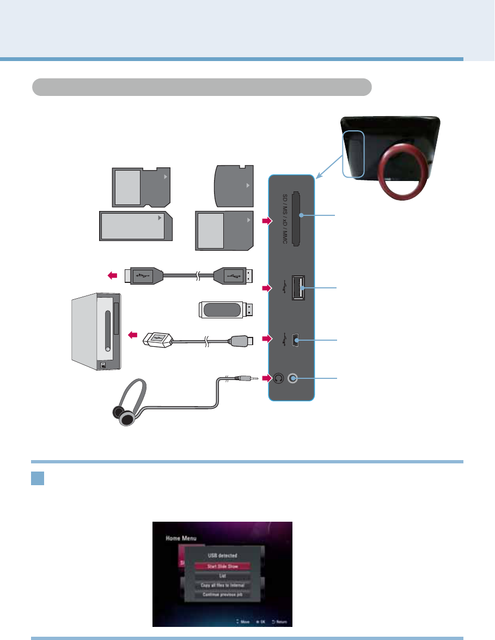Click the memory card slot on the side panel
click(296, 218)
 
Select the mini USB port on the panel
click(295, 340)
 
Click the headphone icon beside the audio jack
click(278, 378)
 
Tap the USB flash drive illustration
click(225, 310)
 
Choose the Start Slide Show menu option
click(222, 566)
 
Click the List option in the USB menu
click(222, 576)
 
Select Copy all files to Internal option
click(222, 585)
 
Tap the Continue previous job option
click(222, 594)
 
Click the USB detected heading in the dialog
click(222, 556)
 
